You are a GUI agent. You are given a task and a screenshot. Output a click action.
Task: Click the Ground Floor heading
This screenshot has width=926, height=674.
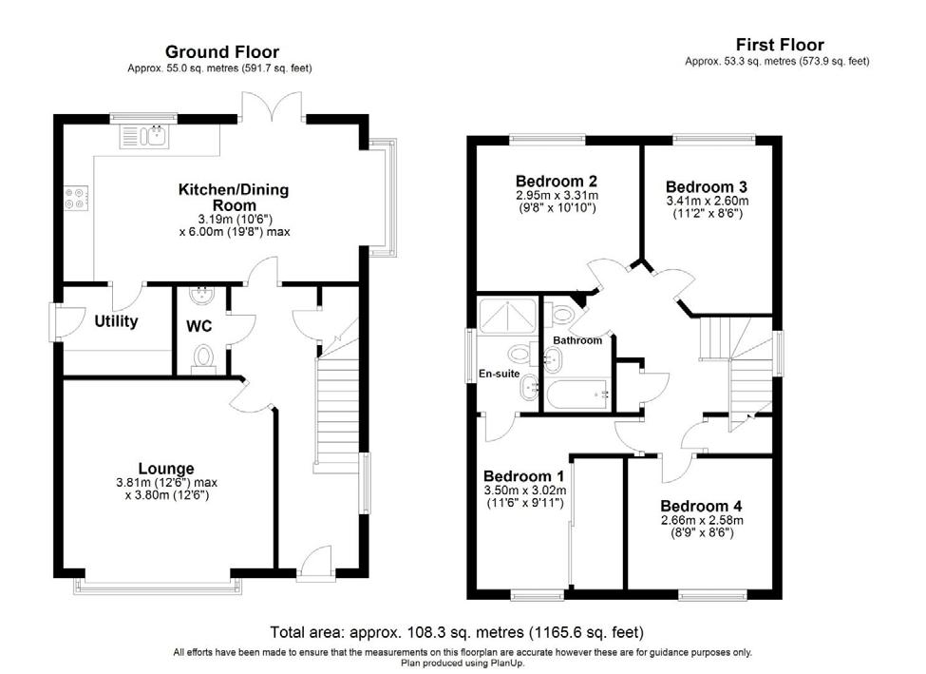222,52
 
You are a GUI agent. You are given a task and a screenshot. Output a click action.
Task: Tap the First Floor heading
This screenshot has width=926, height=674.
780,45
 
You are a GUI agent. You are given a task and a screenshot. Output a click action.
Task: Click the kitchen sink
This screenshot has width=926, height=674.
144,137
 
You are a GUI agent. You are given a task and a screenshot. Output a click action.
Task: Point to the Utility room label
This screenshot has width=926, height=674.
116,321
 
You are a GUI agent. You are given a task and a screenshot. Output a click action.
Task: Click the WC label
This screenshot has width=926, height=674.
198,326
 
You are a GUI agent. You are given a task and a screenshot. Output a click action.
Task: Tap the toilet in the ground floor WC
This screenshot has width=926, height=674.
204,359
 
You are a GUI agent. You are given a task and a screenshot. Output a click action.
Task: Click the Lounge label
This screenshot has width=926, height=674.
166,469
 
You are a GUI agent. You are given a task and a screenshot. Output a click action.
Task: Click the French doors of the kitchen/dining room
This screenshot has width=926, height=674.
273,106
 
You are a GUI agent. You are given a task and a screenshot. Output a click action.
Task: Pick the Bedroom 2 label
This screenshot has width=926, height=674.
557,181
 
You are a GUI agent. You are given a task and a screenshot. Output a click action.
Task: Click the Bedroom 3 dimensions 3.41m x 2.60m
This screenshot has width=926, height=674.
708,201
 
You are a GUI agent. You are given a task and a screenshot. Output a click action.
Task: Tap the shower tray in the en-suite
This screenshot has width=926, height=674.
507,317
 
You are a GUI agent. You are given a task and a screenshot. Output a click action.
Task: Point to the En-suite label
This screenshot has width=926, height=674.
499,374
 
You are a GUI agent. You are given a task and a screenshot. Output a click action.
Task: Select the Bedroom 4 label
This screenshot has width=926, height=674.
701,506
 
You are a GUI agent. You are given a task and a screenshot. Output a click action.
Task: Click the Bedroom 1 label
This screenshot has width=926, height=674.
524,476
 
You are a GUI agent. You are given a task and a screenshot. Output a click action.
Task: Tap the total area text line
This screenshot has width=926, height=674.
457,632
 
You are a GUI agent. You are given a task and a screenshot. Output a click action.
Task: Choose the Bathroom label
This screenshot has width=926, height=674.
577,340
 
